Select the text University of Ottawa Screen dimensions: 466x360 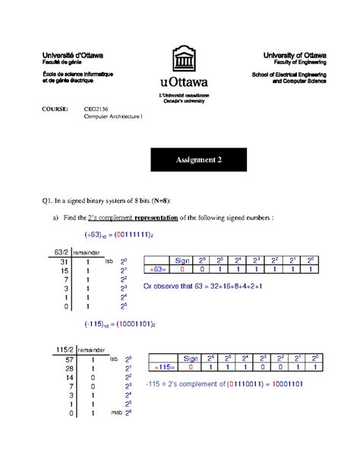point(295,56)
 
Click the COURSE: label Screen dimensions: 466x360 point(53,109)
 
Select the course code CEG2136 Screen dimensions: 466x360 point(96,109)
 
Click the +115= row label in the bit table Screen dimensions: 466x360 point(161,367)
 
